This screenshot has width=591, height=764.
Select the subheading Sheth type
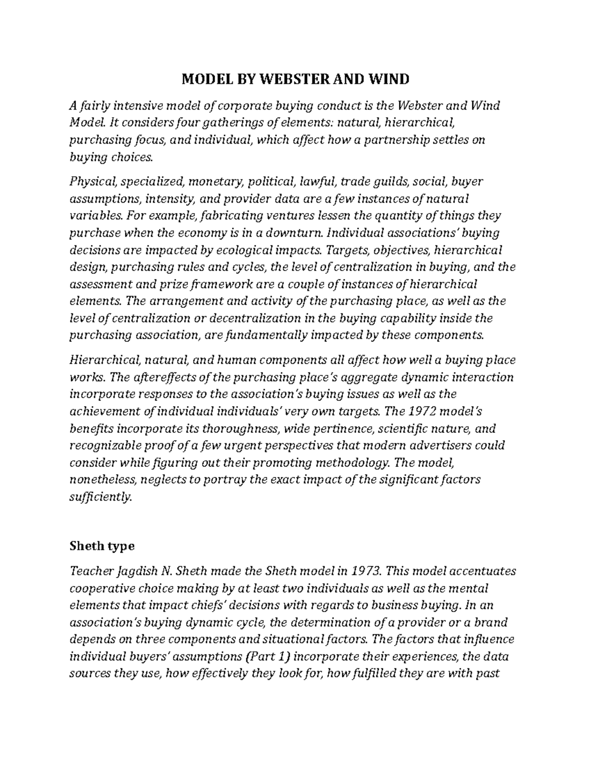tap(101, 546)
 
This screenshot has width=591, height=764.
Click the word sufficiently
tap(100, 497)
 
